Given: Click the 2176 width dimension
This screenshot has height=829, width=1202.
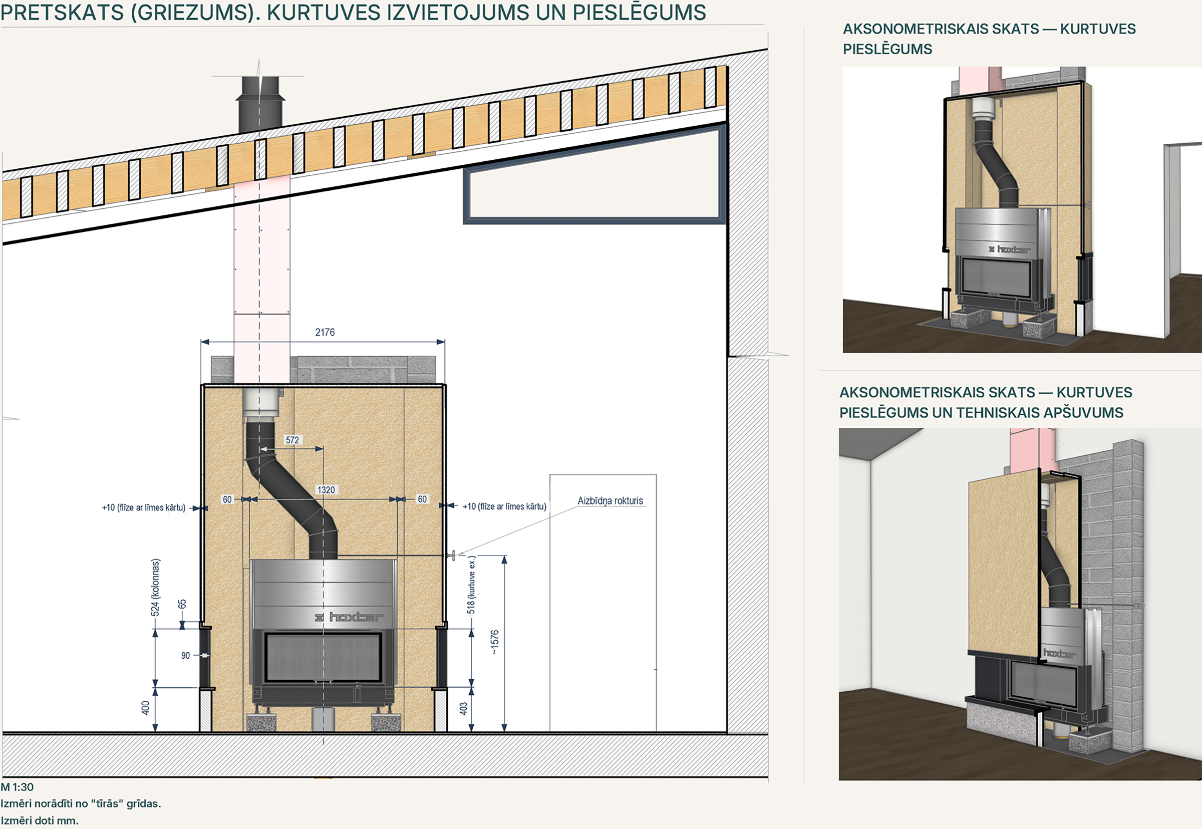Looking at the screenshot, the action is [325, 333].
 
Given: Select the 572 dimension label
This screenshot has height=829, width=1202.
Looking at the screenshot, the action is [292, 440].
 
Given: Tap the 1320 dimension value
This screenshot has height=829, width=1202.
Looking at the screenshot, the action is [326, 490].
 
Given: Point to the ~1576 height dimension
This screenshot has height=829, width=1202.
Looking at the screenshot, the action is [495, 642].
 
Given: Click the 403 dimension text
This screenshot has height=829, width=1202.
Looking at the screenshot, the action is [464, 708].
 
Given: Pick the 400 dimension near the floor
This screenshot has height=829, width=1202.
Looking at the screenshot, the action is [145, 707].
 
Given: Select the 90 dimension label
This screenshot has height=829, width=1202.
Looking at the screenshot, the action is [185, 656].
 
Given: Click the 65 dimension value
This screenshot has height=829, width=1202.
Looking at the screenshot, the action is [182, 604].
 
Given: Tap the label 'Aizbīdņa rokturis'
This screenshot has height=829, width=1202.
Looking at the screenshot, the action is [610, 501].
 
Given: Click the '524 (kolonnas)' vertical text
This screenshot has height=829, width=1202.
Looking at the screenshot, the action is [155, 588].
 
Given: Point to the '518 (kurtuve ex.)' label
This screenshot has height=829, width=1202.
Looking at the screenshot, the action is [471, 586].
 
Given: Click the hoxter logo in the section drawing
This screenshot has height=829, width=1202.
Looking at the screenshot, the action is [349, 617].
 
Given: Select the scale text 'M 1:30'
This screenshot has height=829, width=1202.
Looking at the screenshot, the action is [17, 787].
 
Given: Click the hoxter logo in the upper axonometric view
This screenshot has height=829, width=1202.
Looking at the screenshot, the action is [1009, 249].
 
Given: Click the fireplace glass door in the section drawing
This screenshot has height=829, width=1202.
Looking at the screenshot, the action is [323, 658].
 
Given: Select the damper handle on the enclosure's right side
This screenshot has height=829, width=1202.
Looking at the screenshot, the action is [452, 556].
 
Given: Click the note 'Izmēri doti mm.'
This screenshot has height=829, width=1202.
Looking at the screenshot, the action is [40, 820].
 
